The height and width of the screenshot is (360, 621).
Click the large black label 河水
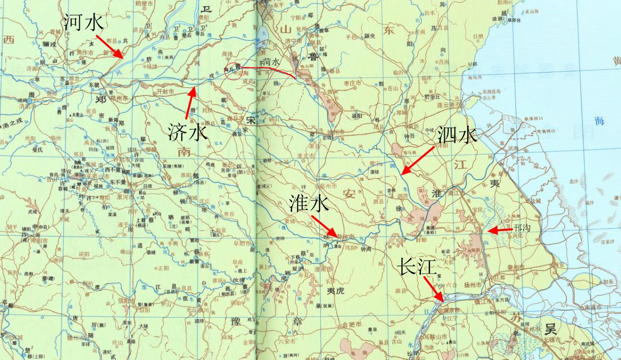click(x=84, y=23)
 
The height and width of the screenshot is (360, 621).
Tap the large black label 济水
click(x=187, y=132)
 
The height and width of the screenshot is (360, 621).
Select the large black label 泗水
click(x=457, y=136)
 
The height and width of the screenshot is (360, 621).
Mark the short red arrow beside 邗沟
click(x=500, y=231)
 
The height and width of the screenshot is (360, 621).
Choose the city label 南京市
click(x=450, y=310)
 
